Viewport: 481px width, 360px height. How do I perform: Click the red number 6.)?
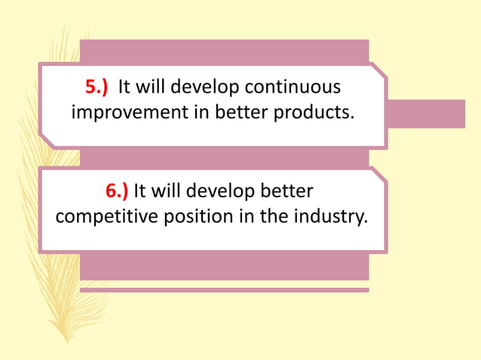(x=117, y=191)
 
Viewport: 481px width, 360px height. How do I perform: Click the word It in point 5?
(x=125, y=87)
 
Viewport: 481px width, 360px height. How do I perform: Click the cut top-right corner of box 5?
(x=379, y=70)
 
